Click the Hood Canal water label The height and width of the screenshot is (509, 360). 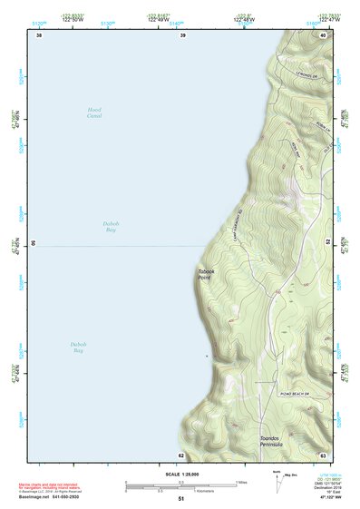point(94,113)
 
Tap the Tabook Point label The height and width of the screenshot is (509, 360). point(206,273)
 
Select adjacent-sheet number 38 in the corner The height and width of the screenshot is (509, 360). point(38,35)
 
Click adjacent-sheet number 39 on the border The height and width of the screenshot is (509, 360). point(182,35)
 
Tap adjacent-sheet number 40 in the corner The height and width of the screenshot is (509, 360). point(322,35)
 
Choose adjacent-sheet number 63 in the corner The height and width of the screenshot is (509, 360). point(322,455)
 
